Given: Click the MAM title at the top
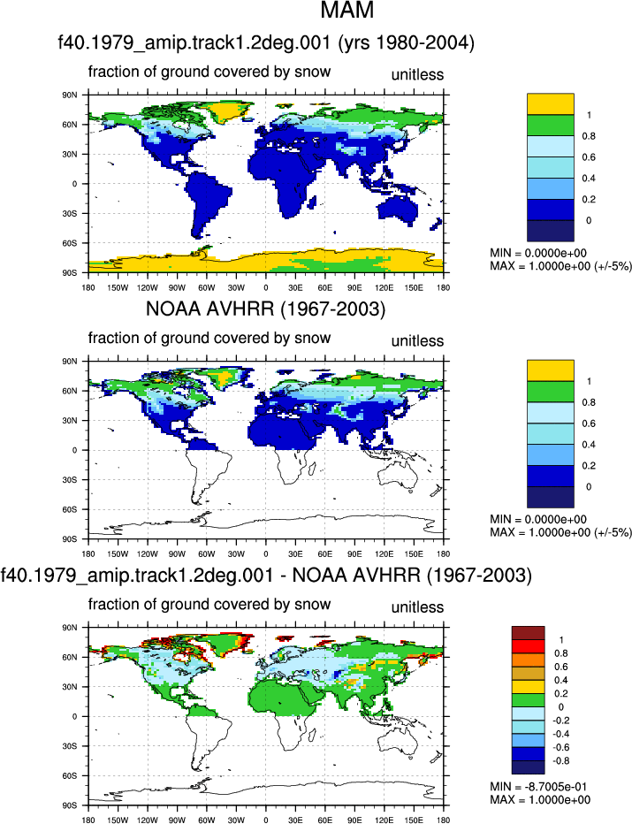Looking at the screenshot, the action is coord(346,10).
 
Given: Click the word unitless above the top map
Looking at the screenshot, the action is coord(417,74).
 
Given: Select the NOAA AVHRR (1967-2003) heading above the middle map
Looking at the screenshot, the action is coord(265,309).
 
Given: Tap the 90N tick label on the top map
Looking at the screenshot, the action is coord(71,95).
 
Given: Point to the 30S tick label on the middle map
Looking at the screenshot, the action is coord(71,480).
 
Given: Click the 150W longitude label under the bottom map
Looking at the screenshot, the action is coord(118,820).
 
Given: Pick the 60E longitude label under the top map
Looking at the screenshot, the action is coord(324,287).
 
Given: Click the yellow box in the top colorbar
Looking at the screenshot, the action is coord(550,104).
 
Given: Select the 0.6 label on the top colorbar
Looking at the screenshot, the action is coord(589,157).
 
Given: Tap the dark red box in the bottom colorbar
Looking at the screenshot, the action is coord(528,633).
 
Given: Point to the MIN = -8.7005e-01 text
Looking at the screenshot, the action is coord(538,787).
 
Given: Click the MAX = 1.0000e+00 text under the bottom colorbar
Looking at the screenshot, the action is coord(540,800).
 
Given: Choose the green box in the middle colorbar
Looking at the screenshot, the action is coord(550,392).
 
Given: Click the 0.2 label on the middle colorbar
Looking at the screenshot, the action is coord(589,466).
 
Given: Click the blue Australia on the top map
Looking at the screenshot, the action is coord(399,207).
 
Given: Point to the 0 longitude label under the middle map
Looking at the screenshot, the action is coord(266,553).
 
